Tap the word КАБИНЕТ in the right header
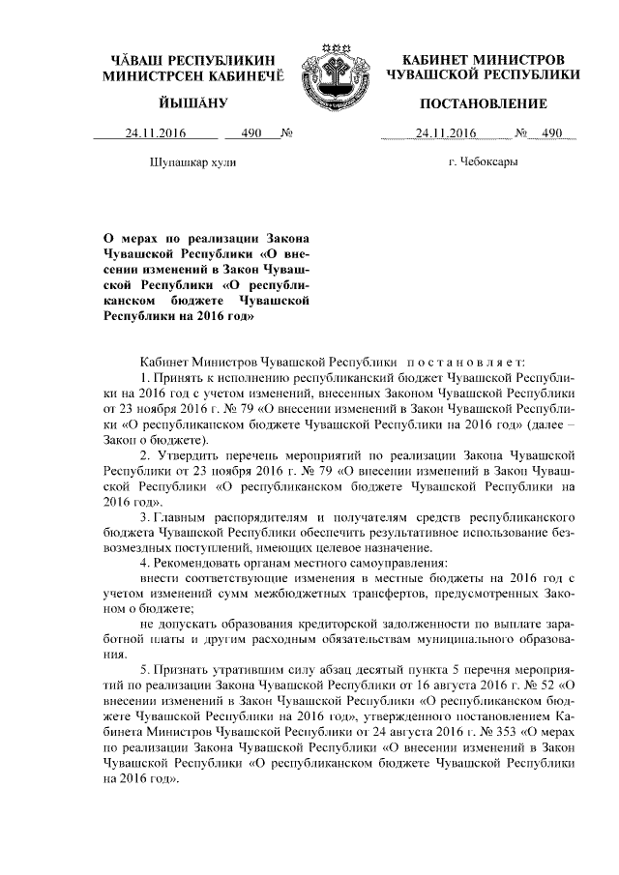click(435, 58)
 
